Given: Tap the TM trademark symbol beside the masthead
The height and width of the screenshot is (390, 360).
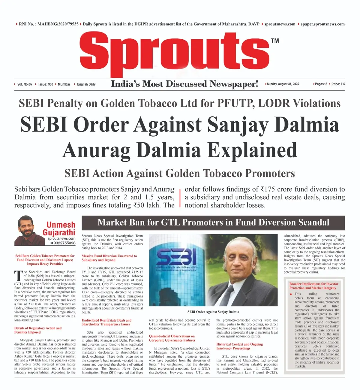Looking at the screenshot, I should coord(274,41).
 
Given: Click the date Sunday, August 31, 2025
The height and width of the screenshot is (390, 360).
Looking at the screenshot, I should coord(283,84).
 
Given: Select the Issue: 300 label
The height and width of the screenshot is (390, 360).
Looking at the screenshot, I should coord(46,84).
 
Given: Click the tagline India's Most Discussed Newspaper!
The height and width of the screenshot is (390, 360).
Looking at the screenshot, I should coord(184,84).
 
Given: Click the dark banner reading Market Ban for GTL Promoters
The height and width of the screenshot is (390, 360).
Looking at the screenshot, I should coord(213,222).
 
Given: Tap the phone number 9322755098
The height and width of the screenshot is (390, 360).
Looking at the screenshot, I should coord(63,243).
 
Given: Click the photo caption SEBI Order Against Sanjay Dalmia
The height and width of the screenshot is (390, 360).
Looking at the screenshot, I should coord(213,312).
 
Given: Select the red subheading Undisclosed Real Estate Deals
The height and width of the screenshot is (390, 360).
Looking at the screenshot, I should coord(106,322).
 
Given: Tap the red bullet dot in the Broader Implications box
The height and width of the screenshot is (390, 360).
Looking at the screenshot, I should coord(291,294).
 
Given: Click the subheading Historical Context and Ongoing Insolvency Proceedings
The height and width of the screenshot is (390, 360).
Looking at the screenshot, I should coord(239,346).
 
